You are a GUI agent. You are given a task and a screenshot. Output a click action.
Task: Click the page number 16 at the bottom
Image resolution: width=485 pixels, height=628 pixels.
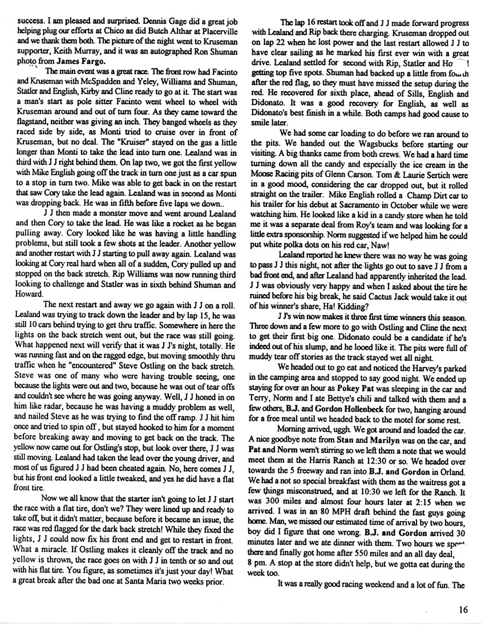(462, 610)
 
